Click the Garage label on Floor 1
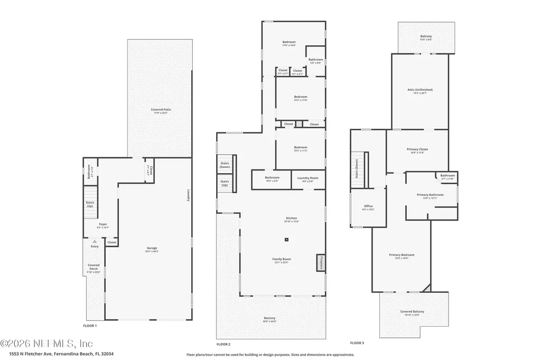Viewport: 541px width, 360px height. pos(152,249)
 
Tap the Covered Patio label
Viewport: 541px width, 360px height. pos(161,110)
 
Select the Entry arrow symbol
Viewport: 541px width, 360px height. pos(95,241)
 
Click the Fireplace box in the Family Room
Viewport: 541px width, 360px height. pos(320,262)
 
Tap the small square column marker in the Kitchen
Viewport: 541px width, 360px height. pos(286,240)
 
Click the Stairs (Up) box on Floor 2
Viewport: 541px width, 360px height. pos(225,183)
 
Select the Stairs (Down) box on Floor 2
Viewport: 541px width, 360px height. pos(225,165)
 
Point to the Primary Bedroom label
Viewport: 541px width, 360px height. pos(402,257)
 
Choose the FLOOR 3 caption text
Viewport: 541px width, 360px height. pos(357,343)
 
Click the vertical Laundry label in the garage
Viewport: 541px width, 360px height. pos(188,195)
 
